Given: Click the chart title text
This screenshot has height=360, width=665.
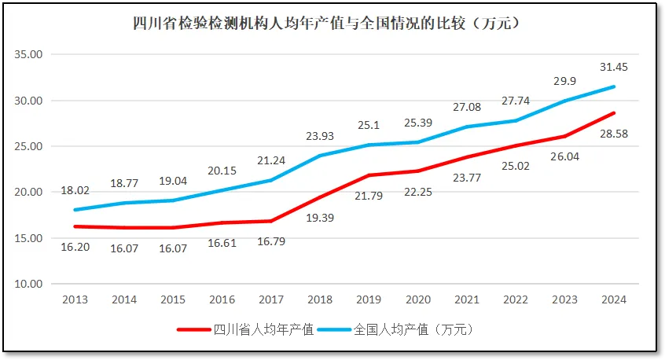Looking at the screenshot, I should [x=331, y=23].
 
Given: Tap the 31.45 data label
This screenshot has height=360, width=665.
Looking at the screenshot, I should [x=613, y=66].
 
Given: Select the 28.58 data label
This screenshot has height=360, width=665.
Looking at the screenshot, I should [x=613, y=134].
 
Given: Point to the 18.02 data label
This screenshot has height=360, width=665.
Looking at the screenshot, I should [x=76, y=189].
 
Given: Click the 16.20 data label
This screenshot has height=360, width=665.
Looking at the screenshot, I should [x=76, y=246].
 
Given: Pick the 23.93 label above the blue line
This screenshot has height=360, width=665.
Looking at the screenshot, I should [x=321, y=135].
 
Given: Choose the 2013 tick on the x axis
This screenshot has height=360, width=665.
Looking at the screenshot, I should [x=76, y=299].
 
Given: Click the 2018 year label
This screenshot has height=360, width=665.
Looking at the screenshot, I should [x=321, y=299].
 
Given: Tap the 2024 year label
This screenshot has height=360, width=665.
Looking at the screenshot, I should [x=613, y=299].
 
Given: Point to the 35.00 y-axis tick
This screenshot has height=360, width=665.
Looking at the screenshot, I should [x=32, y=55].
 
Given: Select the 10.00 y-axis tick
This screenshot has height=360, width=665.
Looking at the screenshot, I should [x=32, y=284].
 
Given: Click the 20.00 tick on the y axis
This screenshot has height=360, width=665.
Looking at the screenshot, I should [x=32, y=193].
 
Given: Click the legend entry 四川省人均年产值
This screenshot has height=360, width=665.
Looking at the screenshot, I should [x=263, y=329].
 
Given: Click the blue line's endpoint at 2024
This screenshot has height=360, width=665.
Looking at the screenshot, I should [x=613, y=86].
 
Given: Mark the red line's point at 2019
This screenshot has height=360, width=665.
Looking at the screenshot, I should [x=369, y=175].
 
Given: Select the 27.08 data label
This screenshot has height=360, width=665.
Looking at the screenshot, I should [x=467, y=107].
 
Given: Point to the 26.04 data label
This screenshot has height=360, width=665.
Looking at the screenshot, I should [x=564, y=156].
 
